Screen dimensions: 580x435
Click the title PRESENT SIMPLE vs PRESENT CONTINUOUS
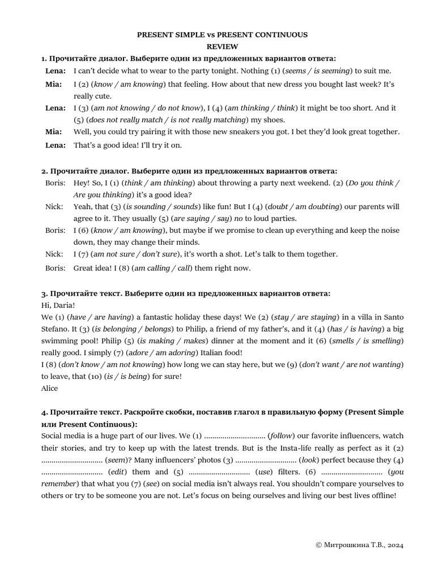click(222, 35)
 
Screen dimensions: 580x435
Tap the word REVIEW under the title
click(222, 46)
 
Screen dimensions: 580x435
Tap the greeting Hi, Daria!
click(58, 305)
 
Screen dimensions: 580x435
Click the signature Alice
click(50, 388)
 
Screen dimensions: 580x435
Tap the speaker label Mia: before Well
click(54, 131)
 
